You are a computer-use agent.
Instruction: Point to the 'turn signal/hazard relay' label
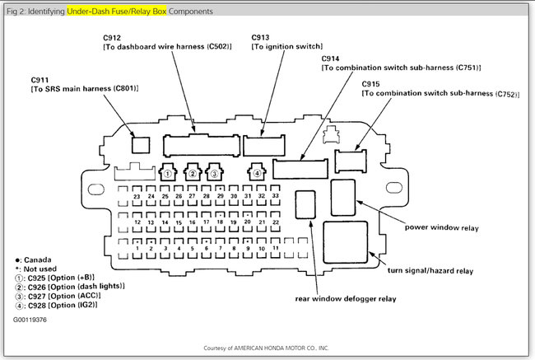(x=430, y=270)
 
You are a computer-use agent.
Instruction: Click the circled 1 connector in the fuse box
(x=168, y=173)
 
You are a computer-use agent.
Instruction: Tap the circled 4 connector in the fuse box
(x=258, y=173)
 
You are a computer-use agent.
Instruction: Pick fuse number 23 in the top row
(x=136, y=197)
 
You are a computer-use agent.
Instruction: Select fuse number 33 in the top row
(x=274, y=197)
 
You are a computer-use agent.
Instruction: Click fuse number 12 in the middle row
(x=137, y=222)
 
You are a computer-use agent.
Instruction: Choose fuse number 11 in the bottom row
(x=276, y=248)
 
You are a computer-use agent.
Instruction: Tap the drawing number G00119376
(x=30, y=317)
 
